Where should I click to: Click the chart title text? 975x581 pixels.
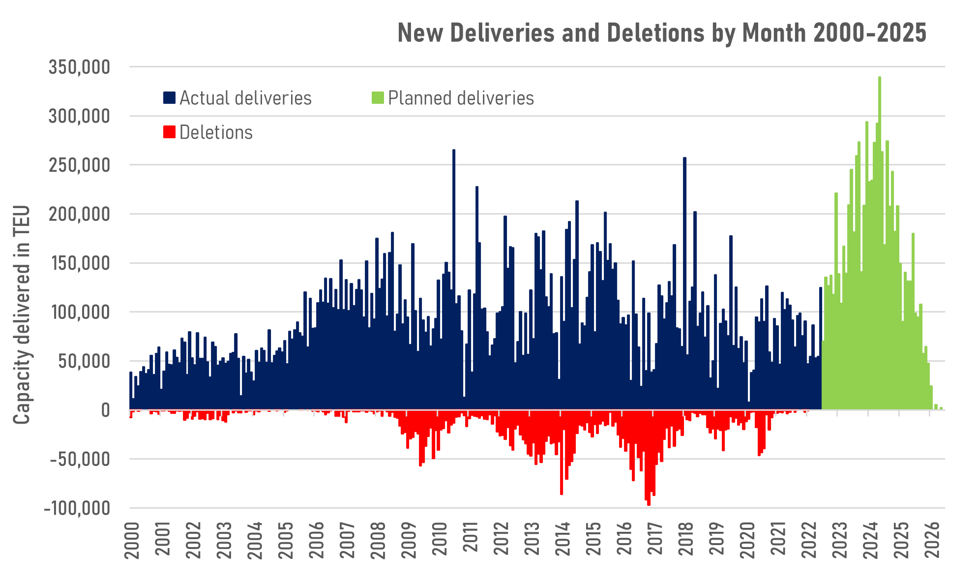[x=662, y=33]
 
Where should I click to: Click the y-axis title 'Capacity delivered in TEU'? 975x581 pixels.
[x=22, y=315]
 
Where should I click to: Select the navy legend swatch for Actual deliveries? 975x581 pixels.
[x=169, y=97]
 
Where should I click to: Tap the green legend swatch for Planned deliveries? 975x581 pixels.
[x=377, y=97]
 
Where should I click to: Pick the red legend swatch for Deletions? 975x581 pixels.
[x=169, y=132]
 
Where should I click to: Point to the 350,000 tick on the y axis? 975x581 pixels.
[x=79, y=67]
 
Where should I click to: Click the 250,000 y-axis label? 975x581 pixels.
[x=79, y=165]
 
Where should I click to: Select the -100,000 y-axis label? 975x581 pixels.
[x=77, y=508]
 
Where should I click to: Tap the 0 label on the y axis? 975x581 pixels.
[x=105, y=410]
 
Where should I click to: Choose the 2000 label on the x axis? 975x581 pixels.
[x=132, y=539]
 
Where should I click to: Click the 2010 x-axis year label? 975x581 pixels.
[x=440, y=539]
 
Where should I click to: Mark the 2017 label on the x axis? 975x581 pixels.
[x=655, y=539]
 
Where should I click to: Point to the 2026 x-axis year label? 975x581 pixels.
[x=932, y=539]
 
